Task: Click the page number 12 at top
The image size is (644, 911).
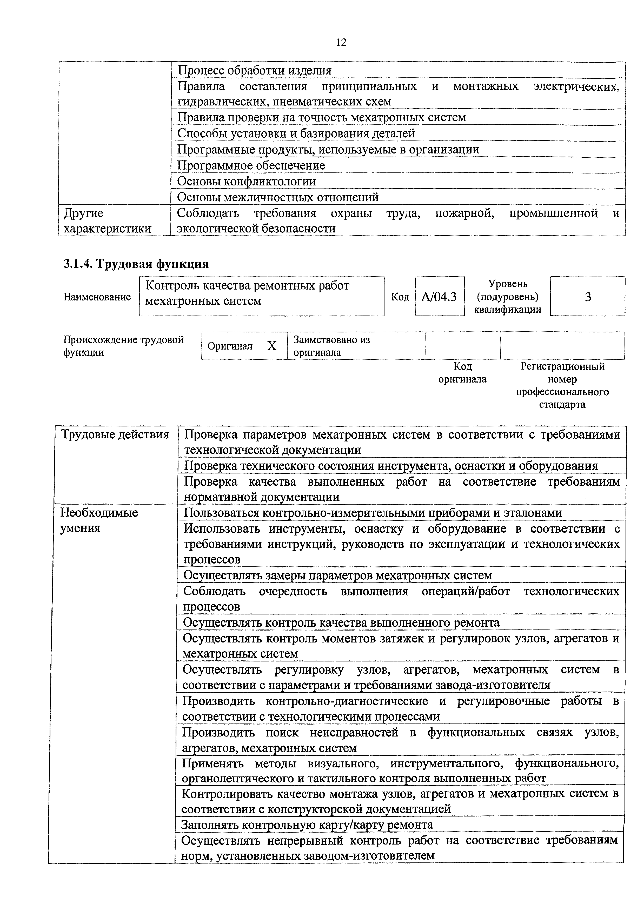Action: click(x=341, y=42)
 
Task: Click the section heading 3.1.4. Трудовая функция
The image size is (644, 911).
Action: click(x=136, y=264)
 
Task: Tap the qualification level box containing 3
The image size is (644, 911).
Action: click(x=588, y=296)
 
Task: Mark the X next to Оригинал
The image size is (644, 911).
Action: click(x=271, y=346)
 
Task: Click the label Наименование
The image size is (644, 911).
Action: click(x=97, y=297)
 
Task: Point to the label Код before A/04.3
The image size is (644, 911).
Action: click(x=400, y=297)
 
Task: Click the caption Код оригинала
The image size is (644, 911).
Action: click(x=462, y=373)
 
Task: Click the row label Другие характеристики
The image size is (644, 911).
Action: click(x=107, y=220)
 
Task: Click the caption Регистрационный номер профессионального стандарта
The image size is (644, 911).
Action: click(x=562, y=385)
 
